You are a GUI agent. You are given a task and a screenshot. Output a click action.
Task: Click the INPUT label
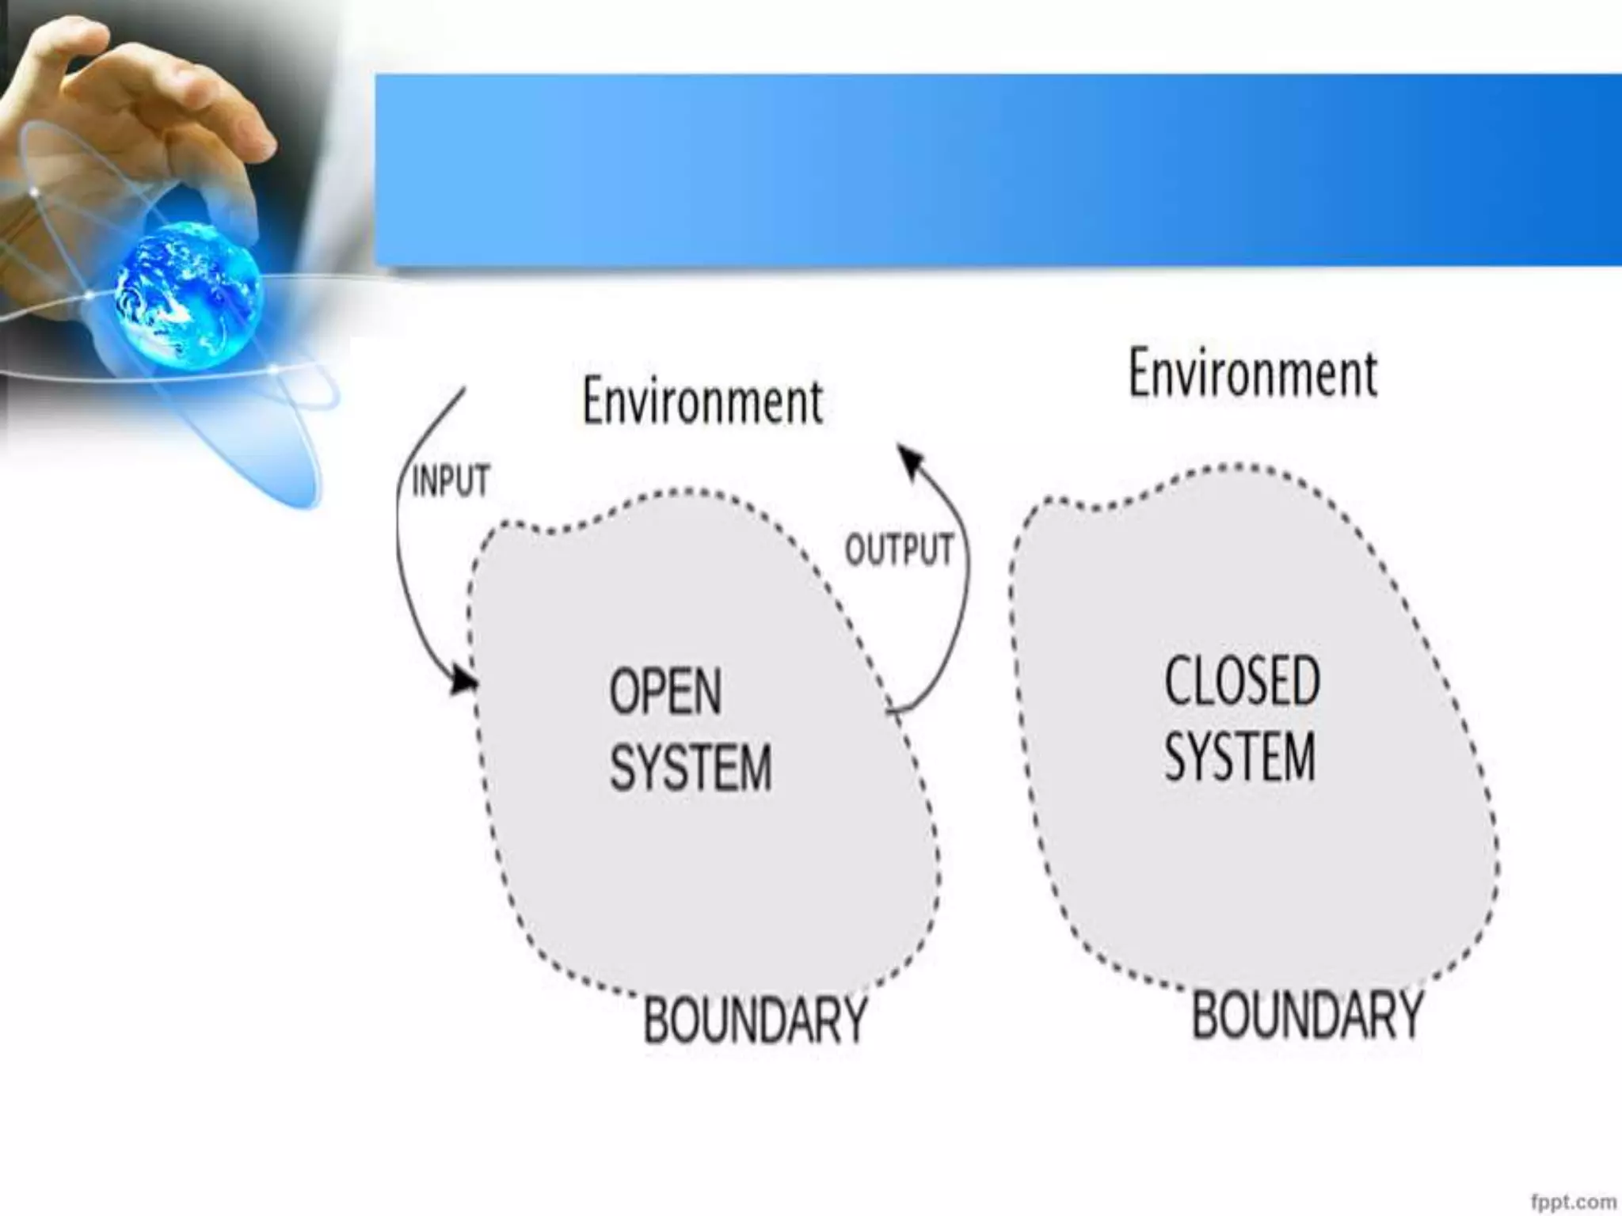451,481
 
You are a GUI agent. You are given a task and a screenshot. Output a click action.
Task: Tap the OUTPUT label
899,549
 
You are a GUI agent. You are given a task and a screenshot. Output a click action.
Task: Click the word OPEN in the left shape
665,691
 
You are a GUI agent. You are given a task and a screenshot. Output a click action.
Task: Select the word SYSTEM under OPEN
691,766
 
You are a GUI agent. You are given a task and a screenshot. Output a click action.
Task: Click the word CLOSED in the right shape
1242,681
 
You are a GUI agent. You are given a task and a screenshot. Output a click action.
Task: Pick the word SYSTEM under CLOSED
1240,756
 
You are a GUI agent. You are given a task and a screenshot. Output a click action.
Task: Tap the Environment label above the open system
702,401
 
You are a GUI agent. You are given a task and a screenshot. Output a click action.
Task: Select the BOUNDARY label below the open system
755,1020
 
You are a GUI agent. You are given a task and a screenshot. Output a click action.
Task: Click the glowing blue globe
188,294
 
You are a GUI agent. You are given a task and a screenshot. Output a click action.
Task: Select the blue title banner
998,169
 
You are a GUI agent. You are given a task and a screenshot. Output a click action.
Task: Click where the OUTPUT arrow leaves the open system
890,710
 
